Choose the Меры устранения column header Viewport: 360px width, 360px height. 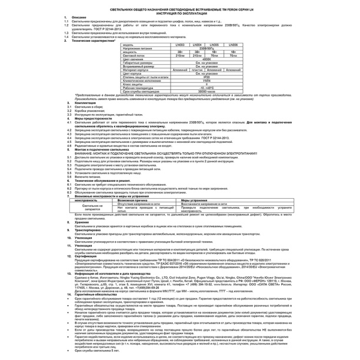coord(195,200)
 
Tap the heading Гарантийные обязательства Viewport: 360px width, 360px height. coord(98,294)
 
